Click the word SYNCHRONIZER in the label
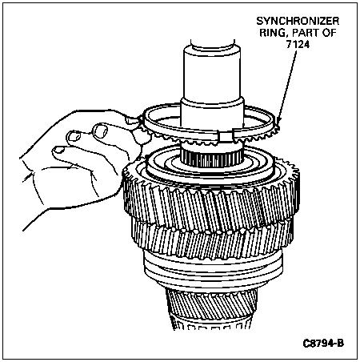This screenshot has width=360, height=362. coord(298,21)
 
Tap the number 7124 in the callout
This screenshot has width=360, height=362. coord(298,44)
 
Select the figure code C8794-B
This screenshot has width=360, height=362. coord(323,343)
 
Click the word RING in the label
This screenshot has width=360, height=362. coord(274,33)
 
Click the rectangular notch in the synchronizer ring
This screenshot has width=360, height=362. coord(226,136)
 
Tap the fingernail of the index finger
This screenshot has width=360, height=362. coord(102,131)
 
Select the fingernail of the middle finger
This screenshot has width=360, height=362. coord(74,136)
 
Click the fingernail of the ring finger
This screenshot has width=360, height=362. coord(59,150)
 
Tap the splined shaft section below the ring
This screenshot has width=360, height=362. coord(212,158)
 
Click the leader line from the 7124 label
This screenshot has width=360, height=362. coord(287,86)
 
